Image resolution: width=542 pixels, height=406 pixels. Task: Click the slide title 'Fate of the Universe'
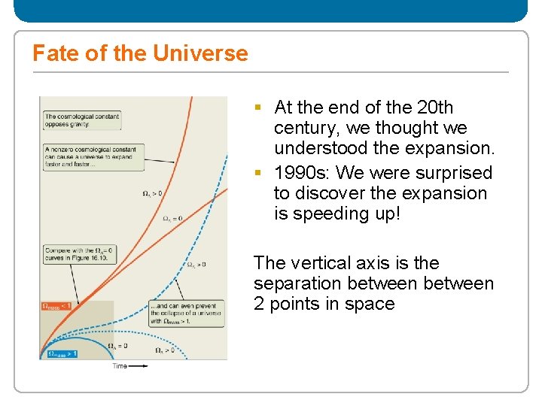pos(140,53)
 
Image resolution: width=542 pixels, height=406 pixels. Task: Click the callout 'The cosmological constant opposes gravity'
pos(81,120)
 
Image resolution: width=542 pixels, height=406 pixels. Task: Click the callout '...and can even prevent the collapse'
pos(183,312)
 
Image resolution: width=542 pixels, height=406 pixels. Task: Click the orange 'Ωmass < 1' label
pos(57,306)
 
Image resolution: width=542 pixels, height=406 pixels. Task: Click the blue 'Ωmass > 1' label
pos(62,353)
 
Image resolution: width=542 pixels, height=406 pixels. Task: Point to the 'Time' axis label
pos(120,366)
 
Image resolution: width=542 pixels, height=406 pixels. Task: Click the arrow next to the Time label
pos(139,366)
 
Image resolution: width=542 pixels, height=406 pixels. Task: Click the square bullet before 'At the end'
pos(257,108)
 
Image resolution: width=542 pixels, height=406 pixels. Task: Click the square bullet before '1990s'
pos(257,173)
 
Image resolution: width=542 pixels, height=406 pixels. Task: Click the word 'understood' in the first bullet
pos(318,148)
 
